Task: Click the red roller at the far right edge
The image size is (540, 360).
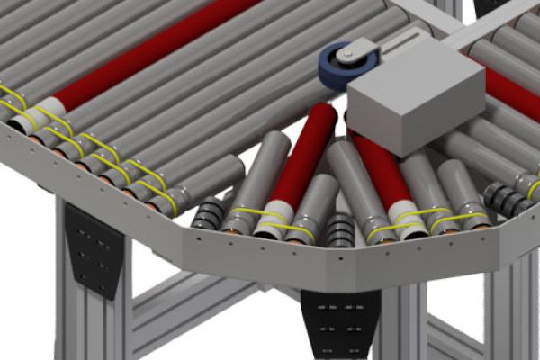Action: pyautogui.click(x=514, y=89)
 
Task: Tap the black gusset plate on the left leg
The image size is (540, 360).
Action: pyautogui.click(x=94, y=247)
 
